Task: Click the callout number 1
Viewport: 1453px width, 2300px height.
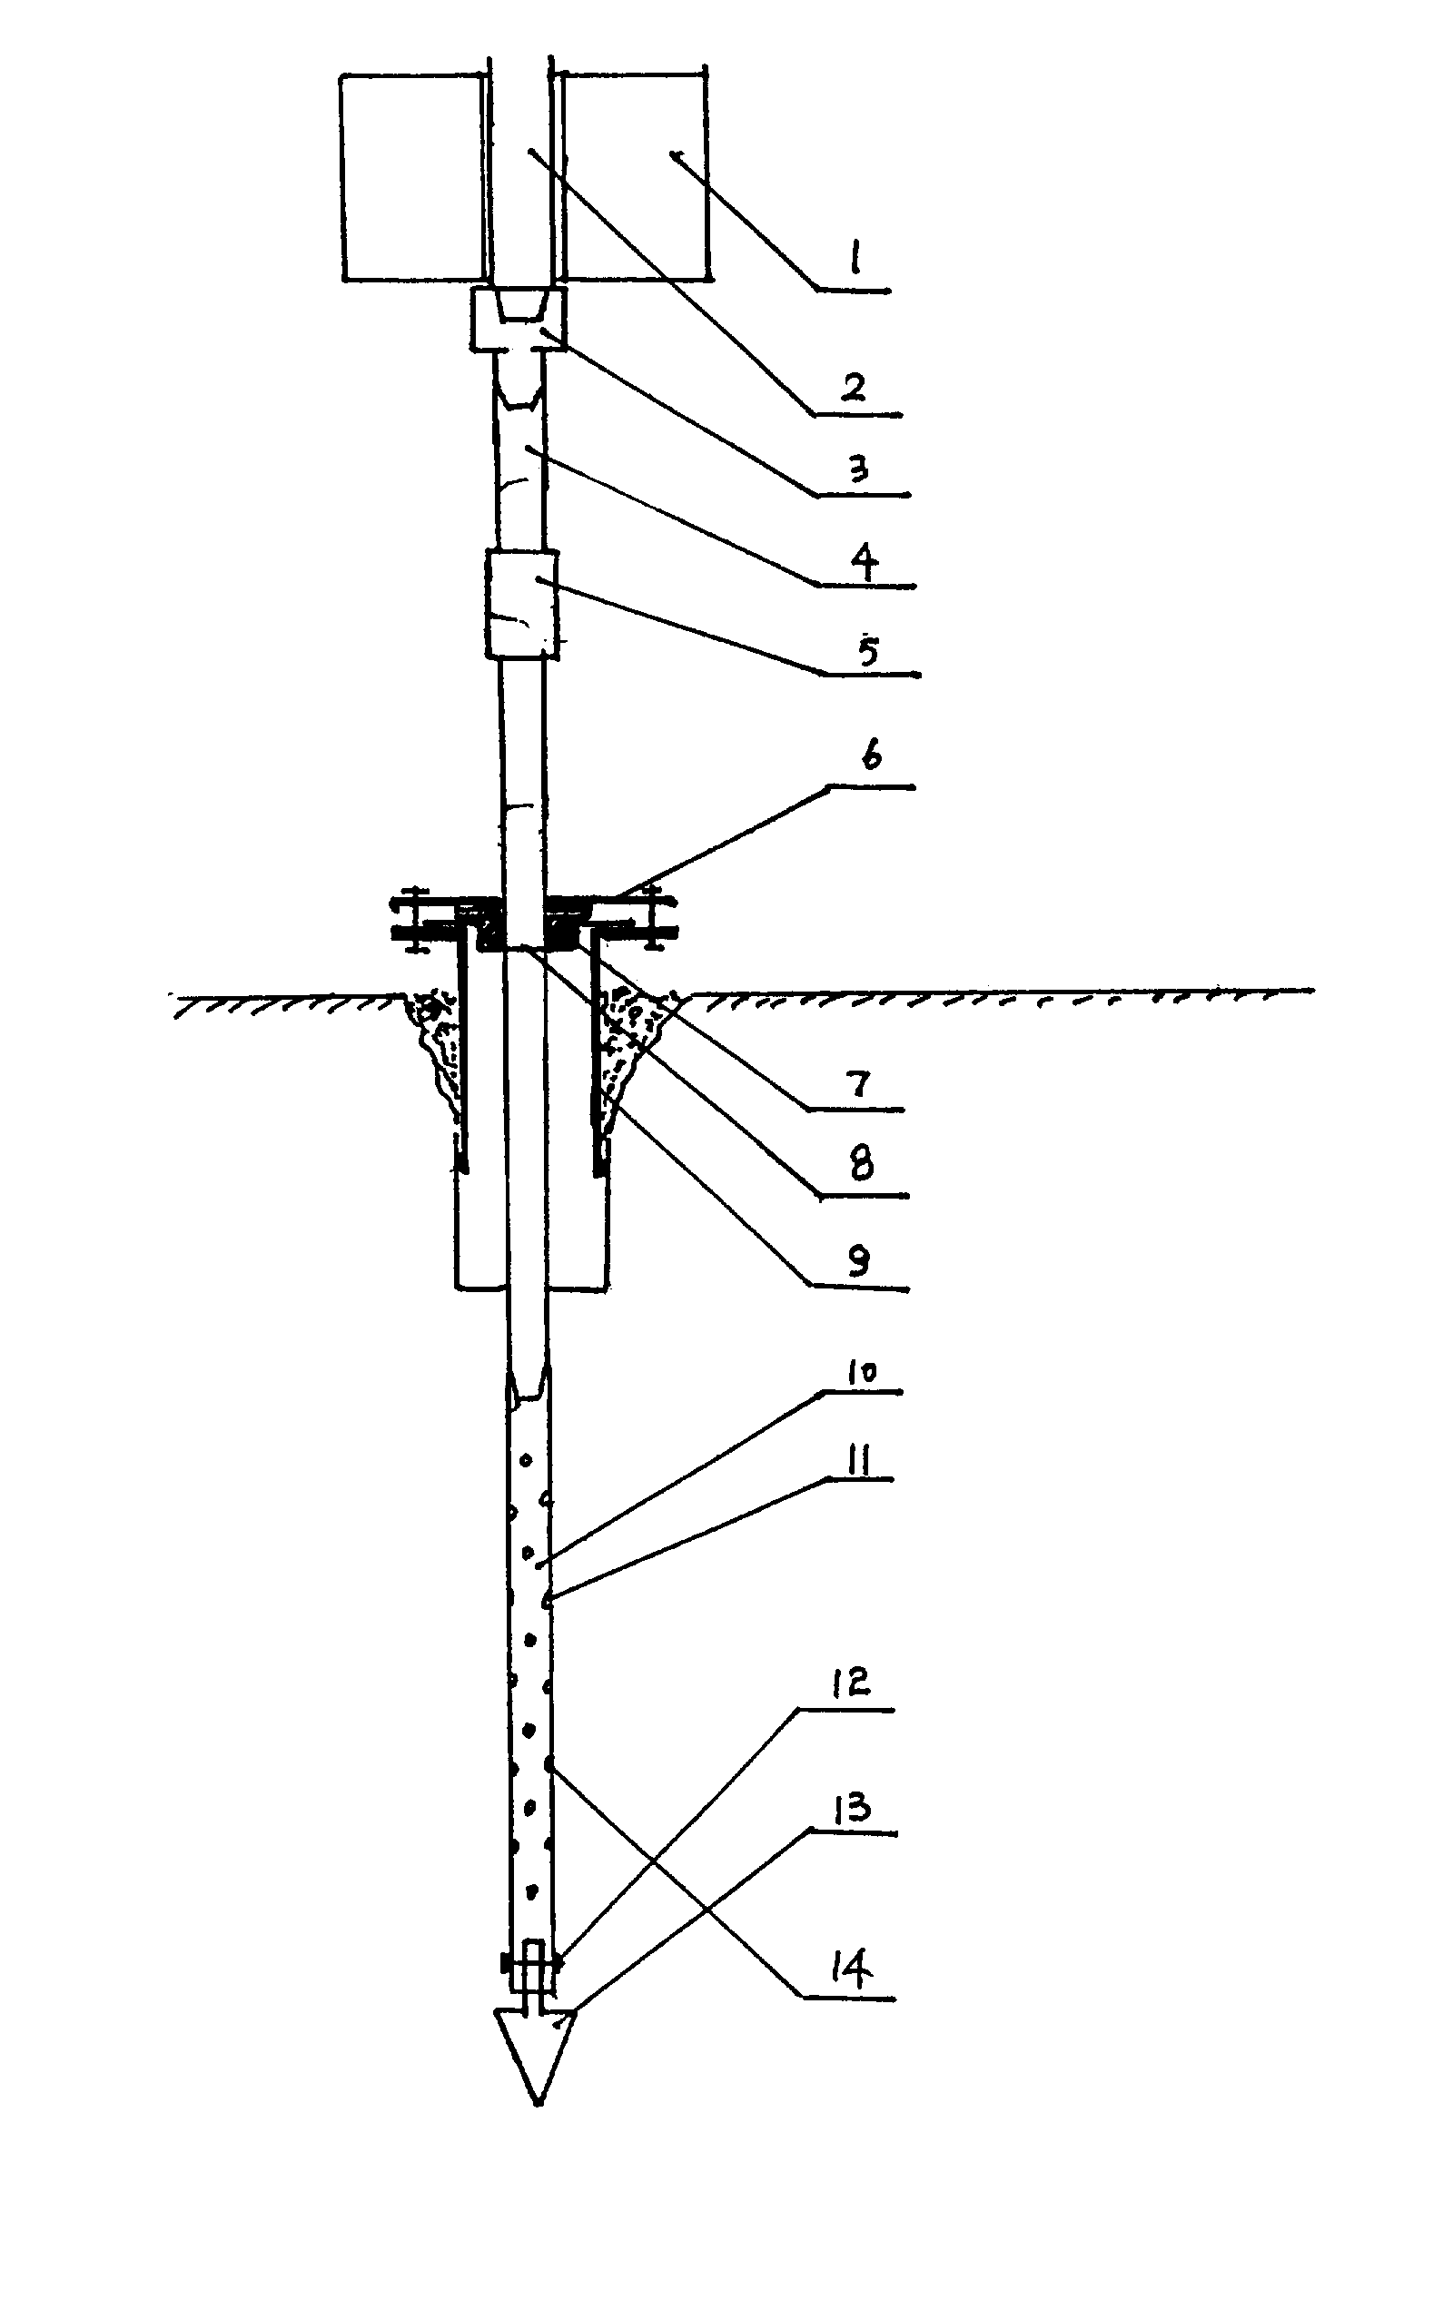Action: coord(855,257)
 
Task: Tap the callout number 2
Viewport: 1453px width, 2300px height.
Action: coord(854,387)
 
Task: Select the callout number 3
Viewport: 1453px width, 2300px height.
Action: coord(858,469)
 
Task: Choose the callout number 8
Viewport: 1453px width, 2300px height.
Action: coord(861,1166)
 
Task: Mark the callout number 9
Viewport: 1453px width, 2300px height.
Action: coord(858,1261)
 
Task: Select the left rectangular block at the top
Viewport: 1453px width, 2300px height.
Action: coord(411,178)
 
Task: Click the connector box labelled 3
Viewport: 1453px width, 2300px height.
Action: coord(519,319)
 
